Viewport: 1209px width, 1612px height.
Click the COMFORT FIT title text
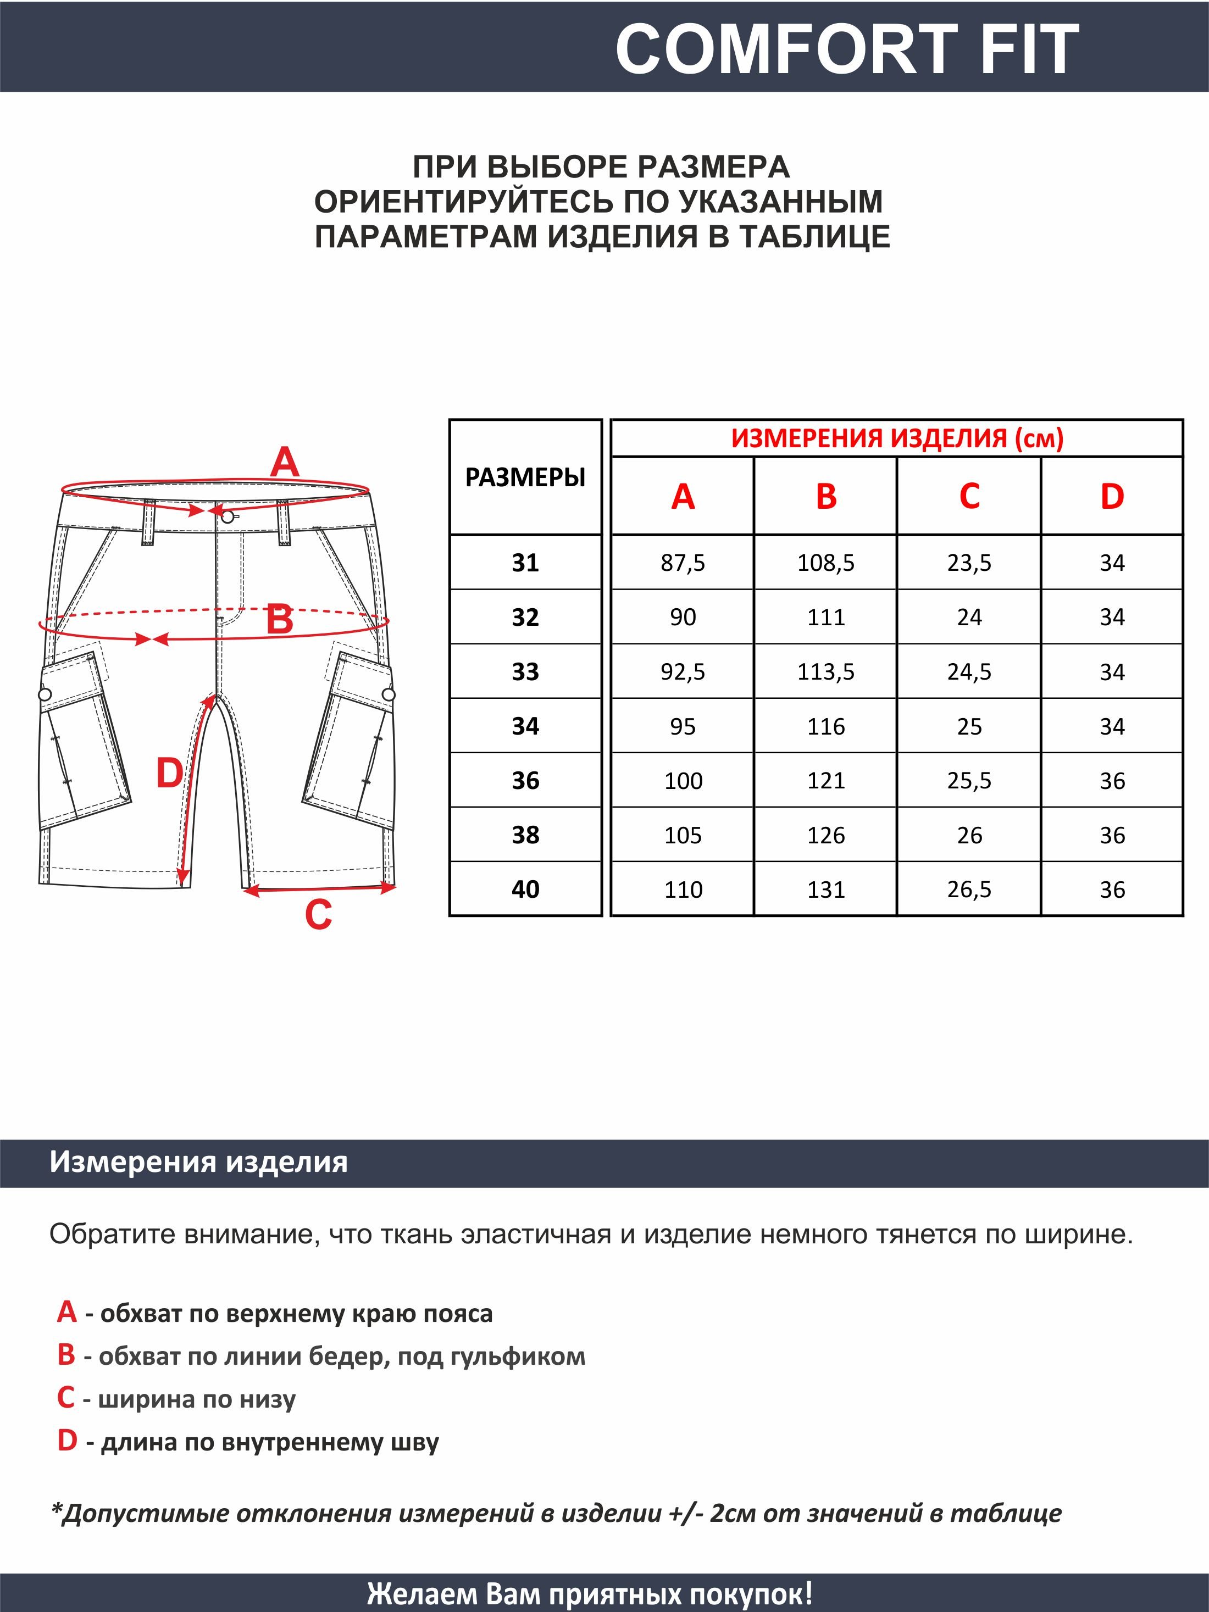pyautogui.click(x=846, y=49)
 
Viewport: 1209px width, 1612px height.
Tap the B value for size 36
pyautogui.click(x=825, y=781)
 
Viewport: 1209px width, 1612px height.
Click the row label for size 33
pyautogui.click(x=525, y=671)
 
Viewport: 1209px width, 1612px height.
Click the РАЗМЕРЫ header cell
pyautogui.click(x=525, y=477)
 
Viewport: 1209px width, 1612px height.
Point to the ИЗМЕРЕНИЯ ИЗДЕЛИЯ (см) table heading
pyautogui.click(x=897, y=438)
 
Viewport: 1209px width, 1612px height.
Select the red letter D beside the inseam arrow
pyautogui.click(x=169, y=773)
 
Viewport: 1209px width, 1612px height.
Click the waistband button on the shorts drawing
pyautogui.click(x=228, y=516)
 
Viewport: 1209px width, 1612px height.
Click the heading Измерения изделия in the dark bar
pyautogui.click(x=198, y=1161)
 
